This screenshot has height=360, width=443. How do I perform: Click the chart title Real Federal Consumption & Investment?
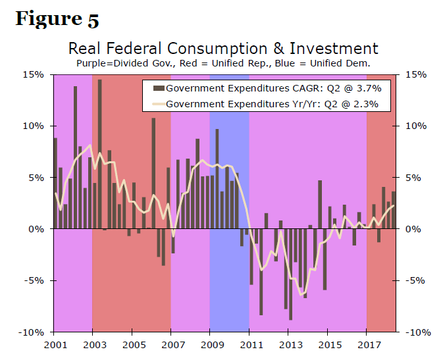click(223, 49)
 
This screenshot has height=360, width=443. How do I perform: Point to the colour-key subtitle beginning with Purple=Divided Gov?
click(223, 63)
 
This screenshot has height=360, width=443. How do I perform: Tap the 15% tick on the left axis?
click(34, 74)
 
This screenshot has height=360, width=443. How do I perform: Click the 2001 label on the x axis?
click(53, 344)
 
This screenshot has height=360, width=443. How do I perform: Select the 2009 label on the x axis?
click(210, 344)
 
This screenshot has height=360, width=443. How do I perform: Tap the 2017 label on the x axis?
click(367, 344)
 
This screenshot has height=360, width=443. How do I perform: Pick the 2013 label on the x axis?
click(288, 344)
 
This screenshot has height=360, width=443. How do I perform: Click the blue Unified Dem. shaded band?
click(229, 276)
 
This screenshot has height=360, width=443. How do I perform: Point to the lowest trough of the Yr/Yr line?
click(301, 294)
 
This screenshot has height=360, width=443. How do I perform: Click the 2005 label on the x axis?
click(132, 344)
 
